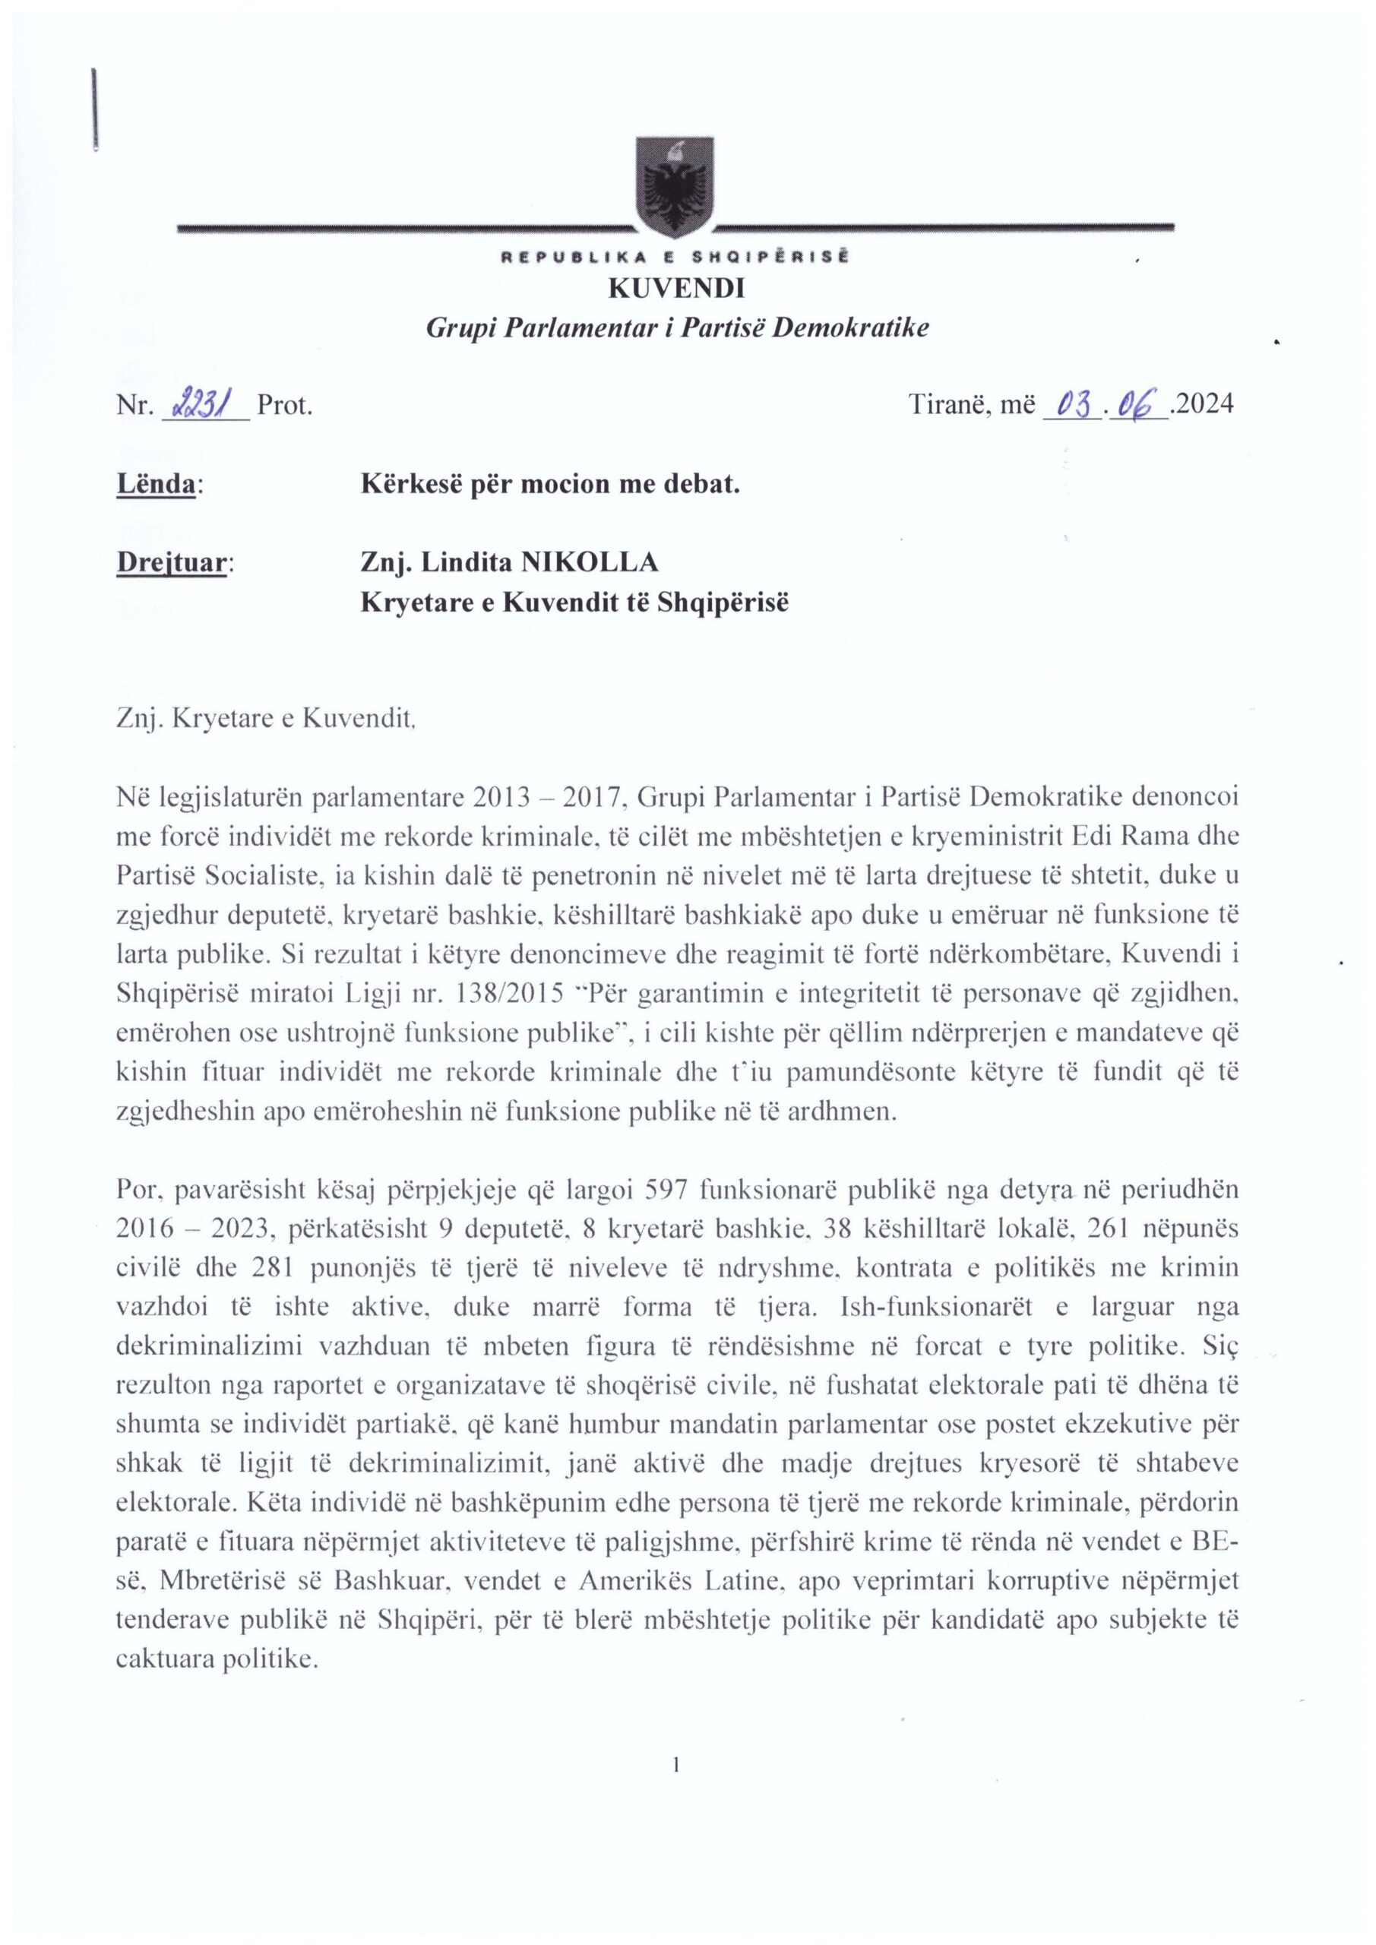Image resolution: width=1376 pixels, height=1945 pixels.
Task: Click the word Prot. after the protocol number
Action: (286, 406)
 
